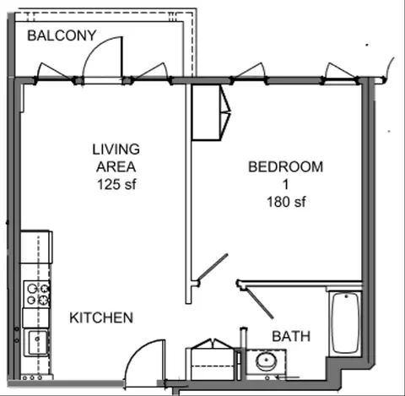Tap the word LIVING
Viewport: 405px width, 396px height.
[x=116, y=149]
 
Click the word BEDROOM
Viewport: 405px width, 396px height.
[x=284, y=167]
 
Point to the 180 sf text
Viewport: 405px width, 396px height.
[x=284, y=202]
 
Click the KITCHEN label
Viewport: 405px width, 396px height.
[x=101, y=318]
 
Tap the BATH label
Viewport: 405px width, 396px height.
[x=290, y=336]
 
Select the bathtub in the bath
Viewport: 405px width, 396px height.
[x=346, y=326]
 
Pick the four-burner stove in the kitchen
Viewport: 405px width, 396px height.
[x=38, y=294]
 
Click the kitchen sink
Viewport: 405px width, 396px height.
[x=38, y=343]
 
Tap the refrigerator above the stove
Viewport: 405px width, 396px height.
[x=38, y=248]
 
